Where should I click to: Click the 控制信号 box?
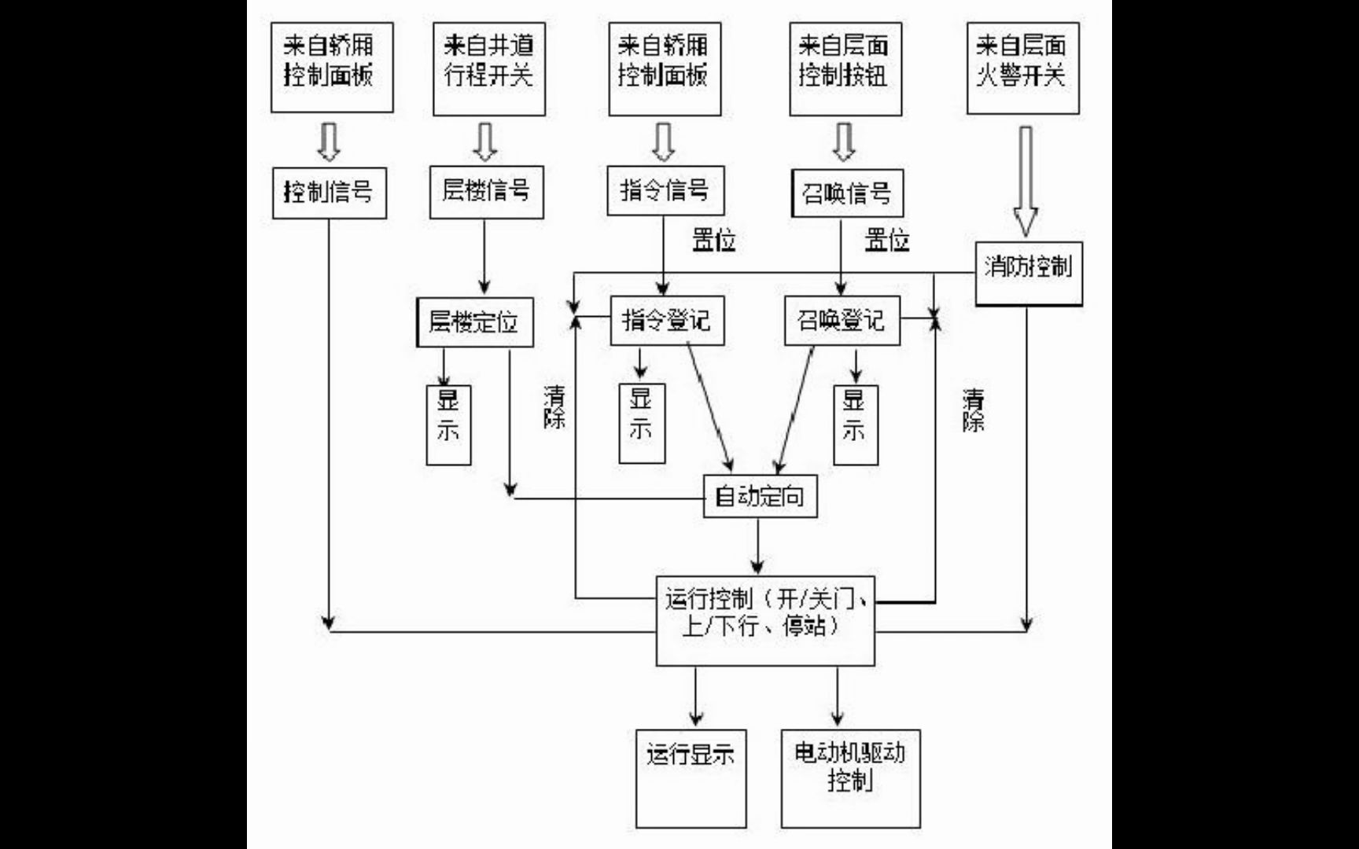pos(329,193)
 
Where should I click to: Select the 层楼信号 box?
pos(486,191)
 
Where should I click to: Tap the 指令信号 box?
pos(665,190)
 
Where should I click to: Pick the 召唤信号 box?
pos(846,193)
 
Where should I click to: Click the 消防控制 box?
pos(1029,273)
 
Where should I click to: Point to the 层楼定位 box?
pos(474,322)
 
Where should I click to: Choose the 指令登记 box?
pos(667,320)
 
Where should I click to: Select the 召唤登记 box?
pos(842,320)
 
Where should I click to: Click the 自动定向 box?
pos(760,496)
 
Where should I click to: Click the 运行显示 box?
pos(691,778)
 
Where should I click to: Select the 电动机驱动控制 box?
pos(850,778)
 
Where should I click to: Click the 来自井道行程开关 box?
pos(488,68)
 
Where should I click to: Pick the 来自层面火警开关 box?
pos(1022,68)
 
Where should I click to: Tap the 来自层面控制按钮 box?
pos(845,68)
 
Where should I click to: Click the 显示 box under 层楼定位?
pos(448,424)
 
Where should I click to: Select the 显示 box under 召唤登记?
pos(856,424)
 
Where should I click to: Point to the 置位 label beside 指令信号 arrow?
pos(713,240)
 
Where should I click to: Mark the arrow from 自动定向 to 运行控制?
pos(758,546)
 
